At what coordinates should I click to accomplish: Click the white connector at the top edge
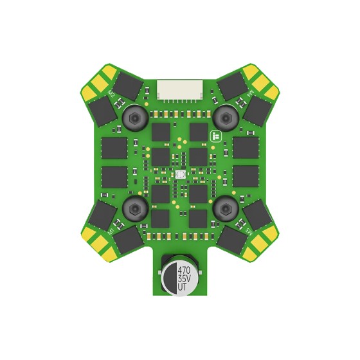[180, 90]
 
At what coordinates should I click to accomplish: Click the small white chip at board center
[180, 174]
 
